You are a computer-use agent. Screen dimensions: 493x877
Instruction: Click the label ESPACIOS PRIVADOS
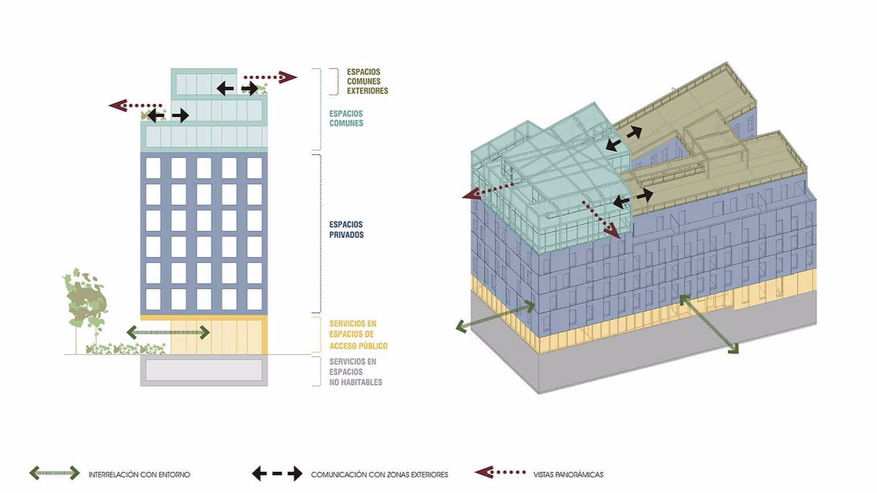346,230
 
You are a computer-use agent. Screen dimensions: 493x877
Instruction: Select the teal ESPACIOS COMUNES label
346,118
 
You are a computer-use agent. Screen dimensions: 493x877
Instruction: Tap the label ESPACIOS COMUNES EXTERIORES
367,81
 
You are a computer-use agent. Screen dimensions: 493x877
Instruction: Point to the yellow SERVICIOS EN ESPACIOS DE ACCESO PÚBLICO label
358,335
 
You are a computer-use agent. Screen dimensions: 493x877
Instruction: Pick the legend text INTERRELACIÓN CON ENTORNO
139,475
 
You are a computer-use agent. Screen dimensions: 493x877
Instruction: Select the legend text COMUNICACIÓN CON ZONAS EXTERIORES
379,475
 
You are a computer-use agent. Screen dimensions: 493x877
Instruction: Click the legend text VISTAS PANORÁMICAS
568,475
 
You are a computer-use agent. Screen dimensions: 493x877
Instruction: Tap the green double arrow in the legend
55,473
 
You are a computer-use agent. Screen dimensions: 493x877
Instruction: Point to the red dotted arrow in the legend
500,472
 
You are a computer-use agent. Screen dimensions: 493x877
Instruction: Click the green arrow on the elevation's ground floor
168,332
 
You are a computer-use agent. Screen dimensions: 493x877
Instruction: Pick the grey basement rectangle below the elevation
204,371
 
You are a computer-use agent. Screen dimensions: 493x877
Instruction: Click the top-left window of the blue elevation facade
153,168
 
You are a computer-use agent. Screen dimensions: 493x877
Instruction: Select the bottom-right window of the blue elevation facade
255,299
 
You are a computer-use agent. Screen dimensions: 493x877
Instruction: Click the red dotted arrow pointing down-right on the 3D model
601,220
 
